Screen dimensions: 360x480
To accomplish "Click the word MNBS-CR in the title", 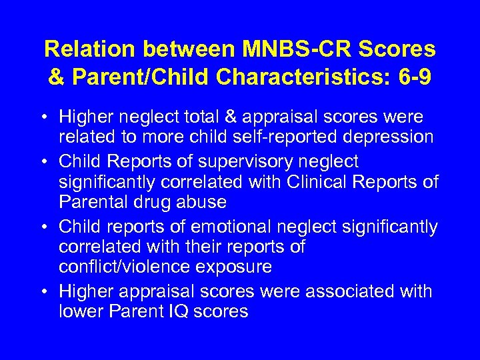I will (x=275, y=49).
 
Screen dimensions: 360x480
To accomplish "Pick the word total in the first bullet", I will (x=201, y=117).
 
